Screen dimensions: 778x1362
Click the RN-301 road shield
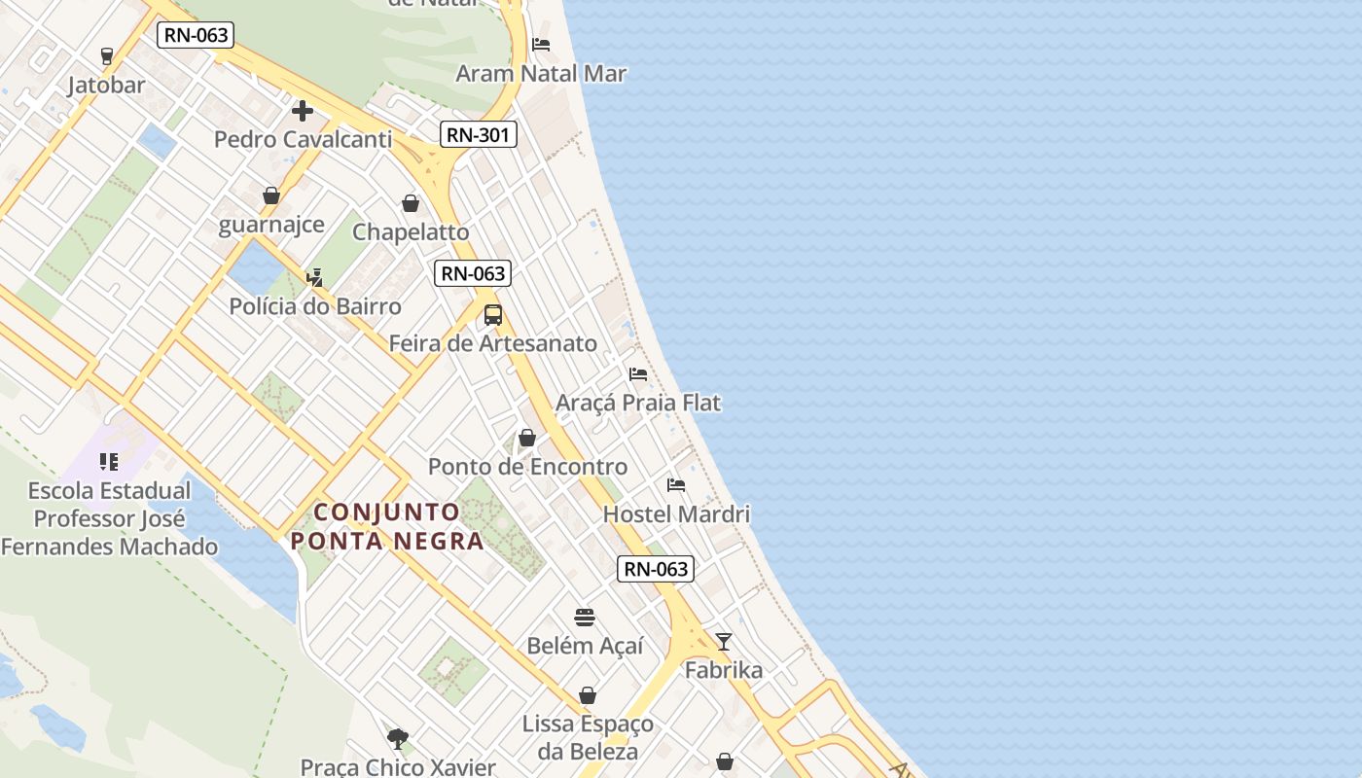pos(478,135)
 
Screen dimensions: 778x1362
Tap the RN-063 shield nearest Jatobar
pos(195,36)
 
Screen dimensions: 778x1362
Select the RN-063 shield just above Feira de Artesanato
pos(474,273)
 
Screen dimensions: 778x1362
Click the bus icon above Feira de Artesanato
pos(493,314)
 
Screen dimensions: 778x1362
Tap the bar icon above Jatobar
pos(107,56)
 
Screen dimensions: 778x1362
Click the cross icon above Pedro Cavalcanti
pos(303,111)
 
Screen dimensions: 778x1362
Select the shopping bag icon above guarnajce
pos(271,195)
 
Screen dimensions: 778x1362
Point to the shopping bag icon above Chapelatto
pos(411,203)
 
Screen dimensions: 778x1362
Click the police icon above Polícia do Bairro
pos(314,277)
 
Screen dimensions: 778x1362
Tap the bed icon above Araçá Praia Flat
pos(638,373)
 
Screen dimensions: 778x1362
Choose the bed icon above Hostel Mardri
pos(676,484)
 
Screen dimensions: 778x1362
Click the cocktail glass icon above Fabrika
pos(724,641)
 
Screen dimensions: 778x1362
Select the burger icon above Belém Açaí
pos(585,617)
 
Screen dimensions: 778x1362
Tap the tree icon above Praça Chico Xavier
pos(397,738)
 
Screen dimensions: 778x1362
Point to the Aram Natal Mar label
pos(541,74)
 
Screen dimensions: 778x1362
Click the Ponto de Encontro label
pos(527,467)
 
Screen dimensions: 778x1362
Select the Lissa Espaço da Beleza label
pos(588,737)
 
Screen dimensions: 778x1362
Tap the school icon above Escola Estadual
pos(109,461)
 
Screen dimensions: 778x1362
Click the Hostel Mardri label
pos(676,513)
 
